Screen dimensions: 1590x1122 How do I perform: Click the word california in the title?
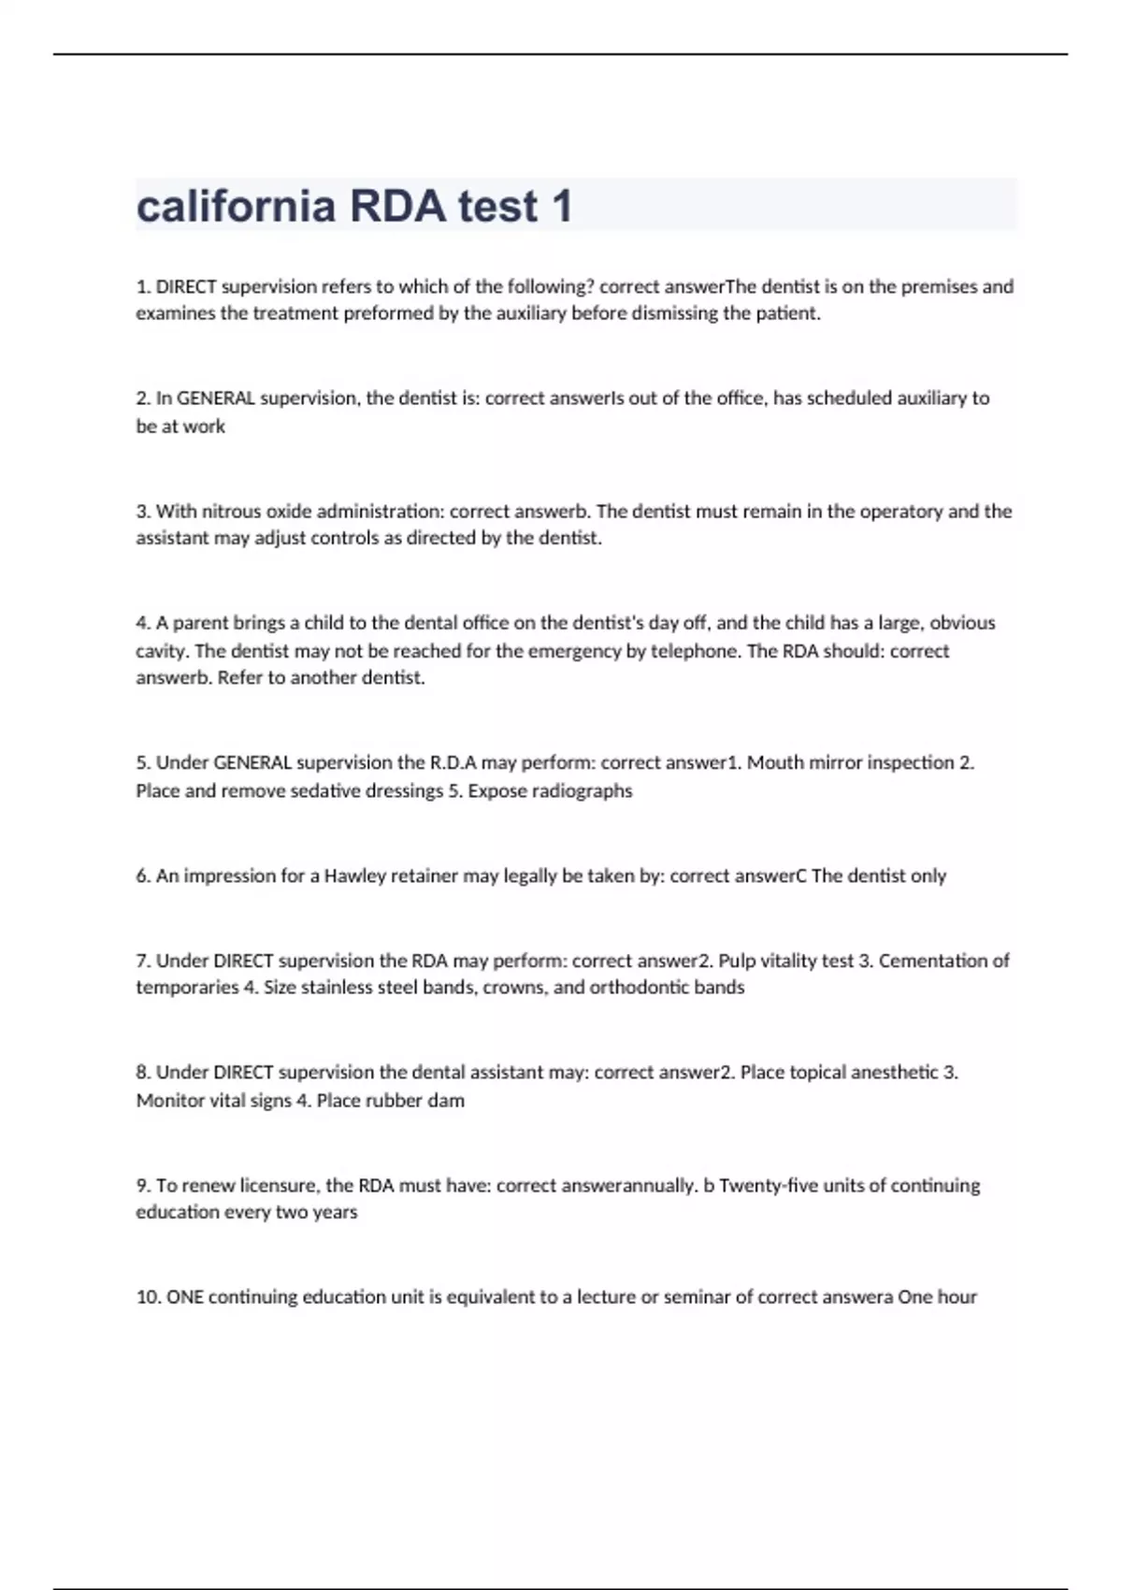[236, 206]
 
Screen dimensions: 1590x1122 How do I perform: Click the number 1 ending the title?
[562, 206]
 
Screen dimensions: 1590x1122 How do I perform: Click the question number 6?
[143, 876]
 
